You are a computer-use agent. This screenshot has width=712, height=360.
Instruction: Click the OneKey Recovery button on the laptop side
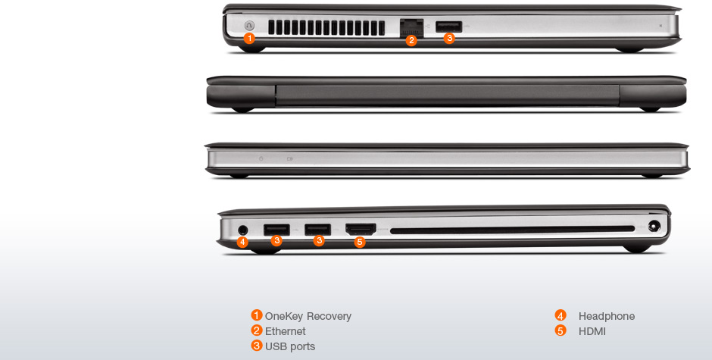pos(249,26)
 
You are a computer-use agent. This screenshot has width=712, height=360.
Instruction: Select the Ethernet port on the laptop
pos(411,27)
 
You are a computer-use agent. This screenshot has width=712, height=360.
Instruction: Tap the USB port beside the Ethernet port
pos(448,27)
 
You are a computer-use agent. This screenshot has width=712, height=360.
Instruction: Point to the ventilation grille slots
pos(326,28)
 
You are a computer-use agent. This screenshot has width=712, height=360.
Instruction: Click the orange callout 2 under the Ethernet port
pos(411,40)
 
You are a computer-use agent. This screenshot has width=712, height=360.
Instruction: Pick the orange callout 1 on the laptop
pos(249,38)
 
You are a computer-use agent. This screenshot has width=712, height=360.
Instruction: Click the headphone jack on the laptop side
pos(243,230)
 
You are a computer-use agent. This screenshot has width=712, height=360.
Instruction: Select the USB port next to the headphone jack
pos(276,230)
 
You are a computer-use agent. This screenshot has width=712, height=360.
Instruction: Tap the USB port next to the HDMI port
pos(317,229)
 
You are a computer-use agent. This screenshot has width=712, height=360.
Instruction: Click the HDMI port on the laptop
pos(361,229)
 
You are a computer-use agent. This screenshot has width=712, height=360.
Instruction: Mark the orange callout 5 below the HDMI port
pos(360,242)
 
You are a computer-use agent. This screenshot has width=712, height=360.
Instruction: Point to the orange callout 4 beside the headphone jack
pos(242,242)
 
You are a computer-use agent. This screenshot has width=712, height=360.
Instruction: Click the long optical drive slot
pos(512,230)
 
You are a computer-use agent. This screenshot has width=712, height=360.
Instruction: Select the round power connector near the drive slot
pos(654,226)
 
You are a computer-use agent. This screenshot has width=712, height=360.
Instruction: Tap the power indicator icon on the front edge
pos(261,158)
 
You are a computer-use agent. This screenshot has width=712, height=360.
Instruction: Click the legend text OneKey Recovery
pos(308,316)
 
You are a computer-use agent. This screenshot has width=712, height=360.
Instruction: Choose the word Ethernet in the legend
pos(285,331)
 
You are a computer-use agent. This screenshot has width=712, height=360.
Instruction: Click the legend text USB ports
pos(290,346)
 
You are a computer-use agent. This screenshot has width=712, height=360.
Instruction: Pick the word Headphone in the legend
pos(607,316)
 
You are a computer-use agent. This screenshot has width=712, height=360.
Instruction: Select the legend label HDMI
pos(592,331)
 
